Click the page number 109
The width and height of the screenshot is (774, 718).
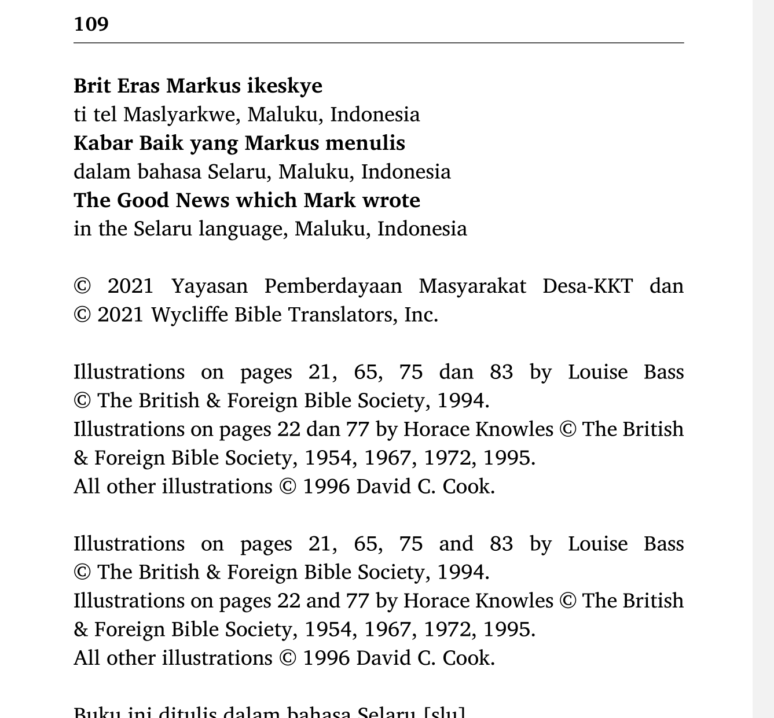coord(91,24)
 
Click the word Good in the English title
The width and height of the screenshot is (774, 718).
coord(144,200)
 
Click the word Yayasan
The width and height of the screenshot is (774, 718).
coord(209,286)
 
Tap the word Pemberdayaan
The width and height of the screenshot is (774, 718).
coord(333,286)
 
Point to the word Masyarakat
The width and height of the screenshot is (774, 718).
coord(472,286)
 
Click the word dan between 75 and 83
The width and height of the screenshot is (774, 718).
coord(456,372)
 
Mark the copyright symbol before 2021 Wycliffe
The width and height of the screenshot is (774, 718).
coord(82,315)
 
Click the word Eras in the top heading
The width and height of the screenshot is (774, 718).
coord(138,86)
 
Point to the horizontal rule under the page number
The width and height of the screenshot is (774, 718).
coord(379,43)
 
